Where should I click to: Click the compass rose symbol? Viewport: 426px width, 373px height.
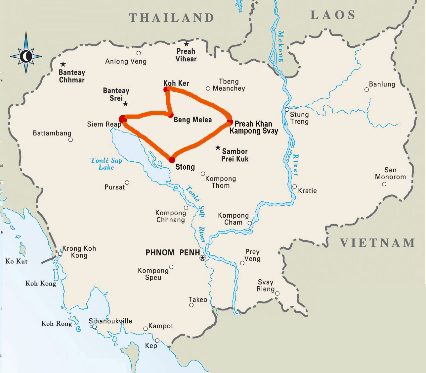[26, 56]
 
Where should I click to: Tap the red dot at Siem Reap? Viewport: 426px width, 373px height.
[123, 119]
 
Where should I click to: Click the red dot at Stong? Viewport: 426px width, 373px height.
[172, 160]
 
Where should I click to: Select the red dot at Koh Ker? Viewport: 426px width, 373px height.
[166, 89]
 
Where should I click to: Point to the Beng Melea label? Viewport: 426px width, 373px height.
[192, 120]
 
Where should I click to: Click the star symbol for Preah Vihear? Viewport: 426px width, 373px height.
[187, 44]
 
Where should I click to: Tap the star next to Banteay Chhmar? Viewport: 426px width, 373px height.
[63, 64]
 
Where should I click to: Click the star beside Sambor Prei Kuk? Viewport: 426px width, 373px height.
[218, 147]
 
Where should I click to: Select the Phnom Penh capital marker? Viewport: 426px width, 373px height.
[203, 258]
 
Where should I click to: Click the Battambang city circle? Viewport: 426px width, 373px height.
[70, 140]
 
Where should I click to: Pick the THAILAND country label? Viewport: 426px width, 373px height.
[172, 18]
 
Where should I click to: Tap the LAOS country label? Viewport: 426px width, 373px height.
[333, 15]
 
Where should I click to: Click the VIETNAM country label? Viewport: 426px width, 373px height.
[377, 243]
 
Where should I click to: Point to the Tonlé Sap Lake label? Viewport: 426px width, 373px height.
[106, 164]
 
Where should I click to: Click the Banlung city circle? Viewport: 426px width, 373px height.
[366, 89]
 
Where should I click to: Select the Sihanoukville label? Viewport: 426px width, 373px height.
[110, 321]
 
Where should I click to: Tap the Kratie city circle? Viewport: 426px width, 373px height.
[294, 186]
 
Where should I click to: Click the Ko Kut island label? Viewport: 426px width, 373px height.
[17, 261]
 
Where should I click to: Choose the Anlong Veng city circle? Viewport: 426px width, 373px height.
[139, 53]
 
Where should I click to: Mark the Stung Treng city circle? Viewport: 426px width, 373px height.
[287, 110]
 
